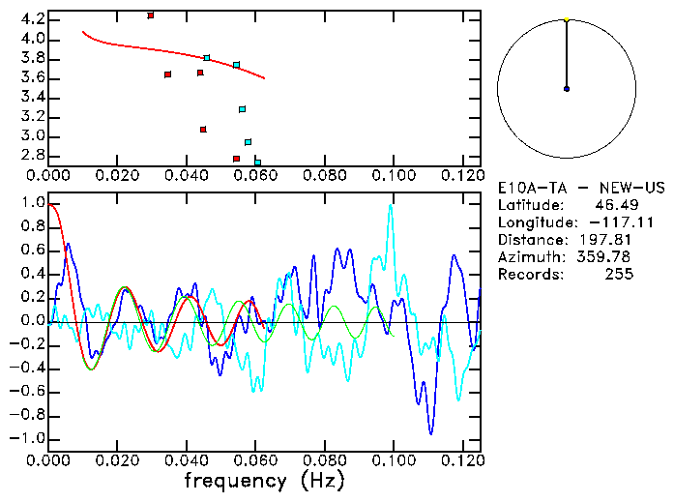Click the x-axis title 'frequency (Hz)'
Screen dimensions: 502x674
264,481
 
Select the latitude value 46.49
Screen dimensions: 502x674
613,205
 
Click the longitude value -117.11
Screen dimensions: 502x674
608,222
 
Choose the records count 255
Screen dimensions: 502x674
620,275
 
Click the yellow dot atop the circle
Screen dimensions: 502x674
567,18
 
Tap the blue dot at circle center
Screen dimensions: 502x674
567,89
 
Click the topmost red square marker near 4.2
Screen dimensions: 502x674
150,15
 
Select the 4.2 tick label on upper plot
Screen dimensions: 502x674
31,19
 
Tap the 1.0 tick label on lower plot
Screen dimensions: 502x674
31,204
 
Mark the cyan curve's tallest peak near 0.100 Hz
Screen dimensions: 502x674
391,205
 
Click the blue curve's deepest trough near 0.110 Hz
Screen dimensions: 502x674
431,433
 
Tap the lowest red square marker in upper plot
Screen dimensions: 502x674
236,159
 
